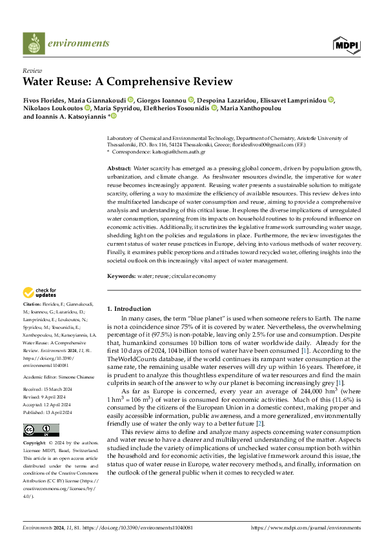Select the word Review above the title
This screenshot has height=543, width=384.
tap(32, 71)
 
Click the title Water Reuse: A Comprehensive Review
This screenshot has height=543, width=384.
tap(127, 82)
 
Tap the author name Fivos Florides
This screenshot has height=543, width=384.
tap(45, 100)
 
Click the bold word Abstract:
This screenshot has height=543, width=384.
tap(119, 168)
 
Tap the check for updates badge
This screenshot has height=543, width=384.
tap(40, 293)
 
